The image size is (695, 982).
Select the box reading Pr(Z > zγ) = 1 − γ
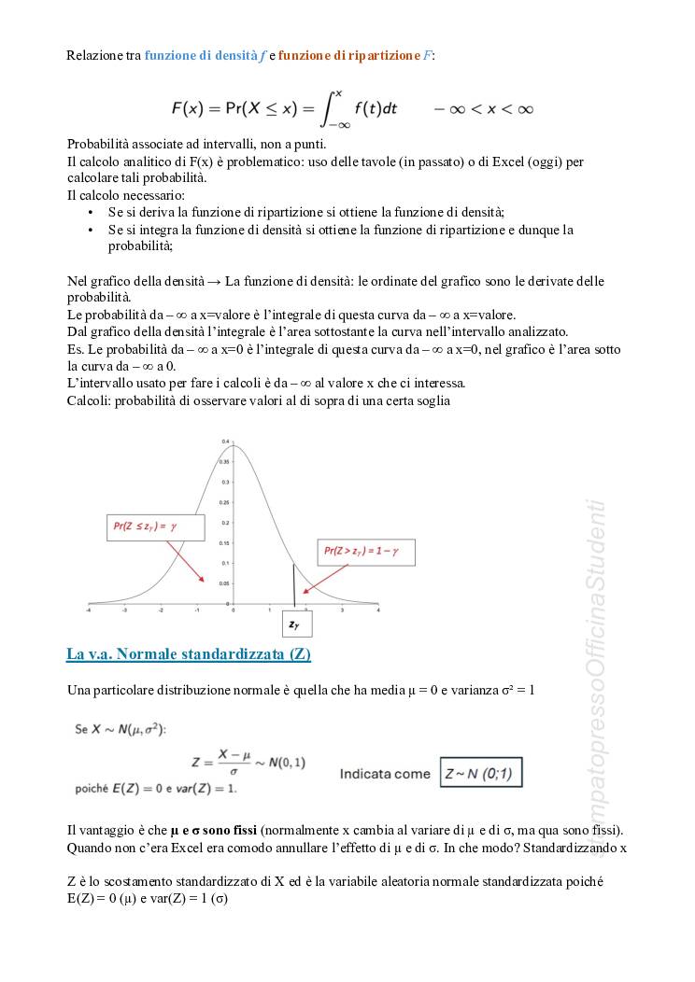(x=364, y=552)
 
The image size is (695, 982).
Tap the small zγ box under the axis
(x=297, y=624)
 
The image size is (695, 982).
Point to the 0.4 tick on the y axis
(x=225, y=441)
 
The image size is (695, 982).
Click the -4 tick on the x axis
(x=89, y=609)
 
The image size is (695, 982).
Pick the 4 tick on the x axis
(x=377, y=609)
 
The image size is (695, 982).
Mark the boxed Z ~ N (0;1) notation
(x=482, y=773)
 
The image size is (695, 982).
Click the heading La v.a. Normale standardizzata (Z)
(x=188, y=654)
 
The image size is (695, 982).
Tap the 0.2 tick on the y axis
(x=225, y=523)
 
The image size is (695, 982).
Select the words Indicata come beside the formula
(x=385, y=774)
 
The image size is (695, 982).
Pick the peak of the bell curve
(x=234, y=445)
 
